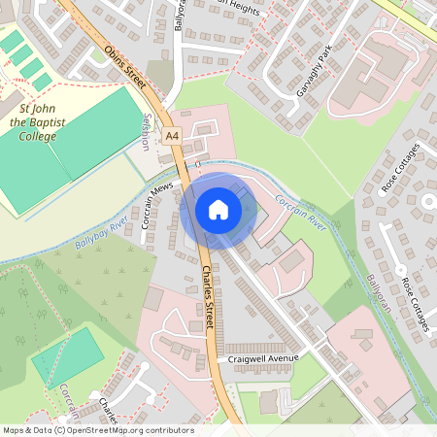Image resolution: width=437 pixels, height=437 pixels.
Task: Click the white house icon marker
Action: point(218,210)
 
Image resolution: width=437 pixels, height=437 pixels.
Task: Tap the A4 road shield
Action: point(172,135)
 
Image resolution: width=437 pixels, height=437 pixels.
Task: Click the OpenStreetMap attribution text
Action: point(98,429)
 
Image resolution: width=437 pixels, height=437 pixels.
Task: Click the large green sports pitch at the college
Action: point(92,131)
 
